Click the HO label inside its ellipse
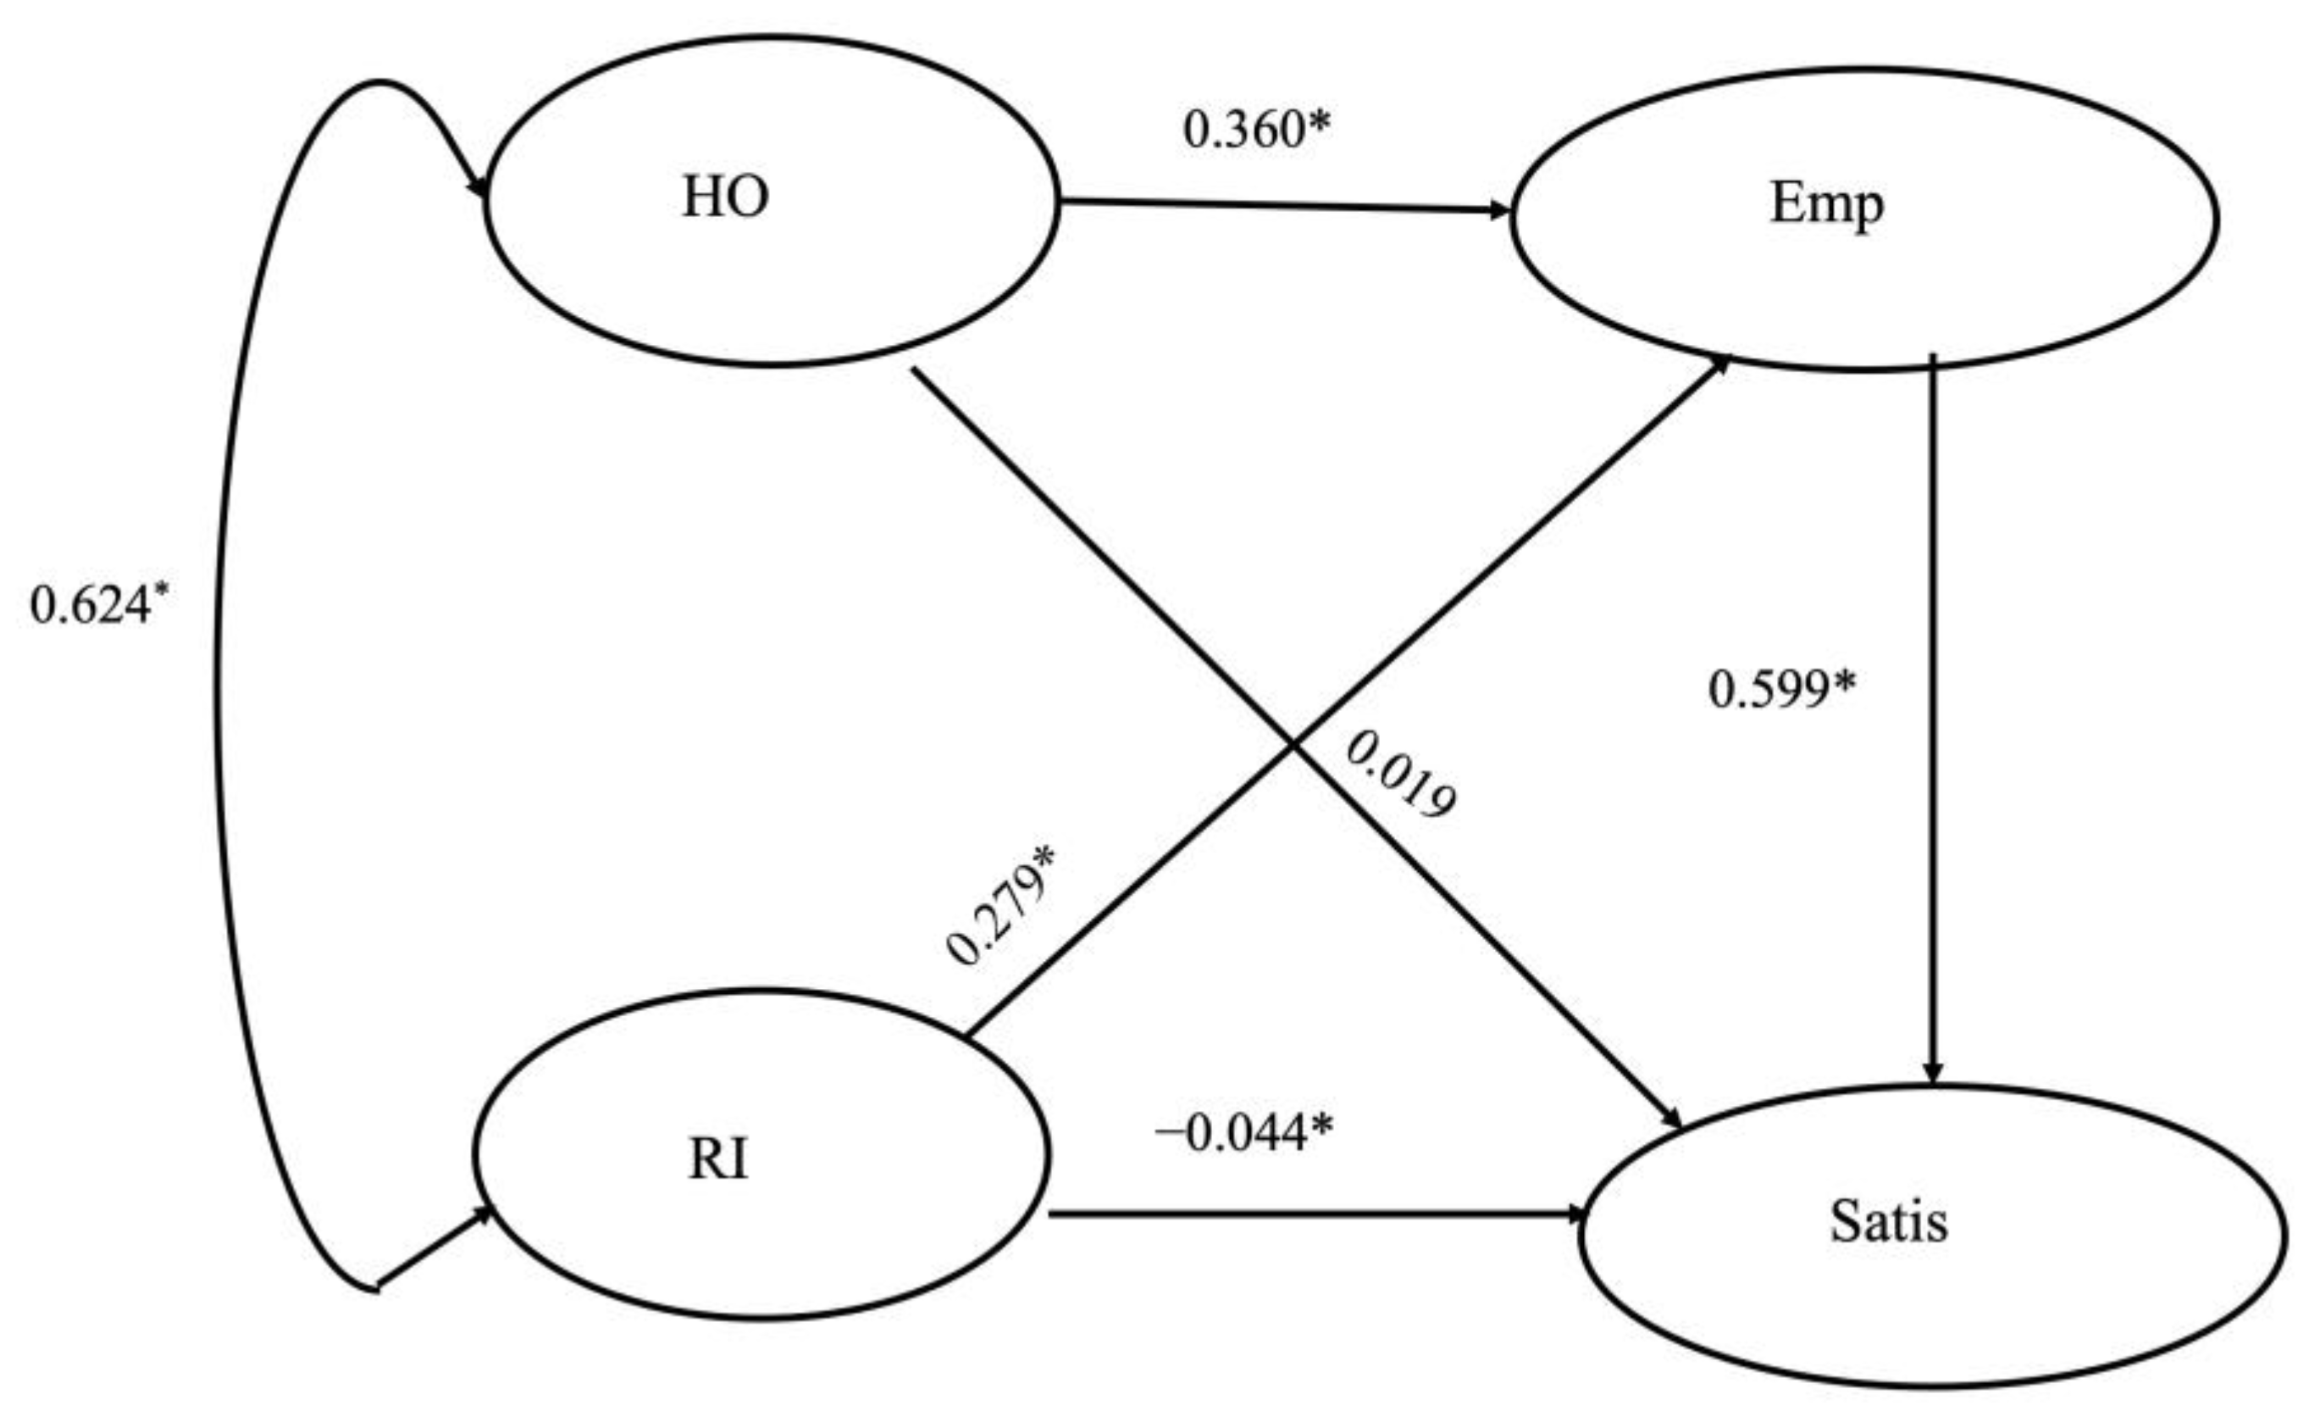click(x=725, y=197)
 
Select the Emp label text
click(x=1827, y=204)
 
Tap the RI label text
click(x=718, y=1159)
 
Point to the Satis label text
click(x=1889, y=1223)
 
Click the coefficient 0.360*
click(x=1257, y=129)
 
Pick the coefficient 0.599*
click(x=1782, y=688)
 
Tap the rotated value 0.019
click(x=1400, y=775)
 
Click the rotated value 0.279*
click(x=1001, y=905)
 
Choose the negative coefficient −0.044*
click(x=1243, y=1132)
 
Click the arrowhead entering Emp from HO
click(x=1500, y=209)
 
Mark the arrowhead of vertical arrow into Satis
click(x=1932, y=1074)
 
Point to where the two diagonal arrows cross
click(x=1293, y=745)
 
